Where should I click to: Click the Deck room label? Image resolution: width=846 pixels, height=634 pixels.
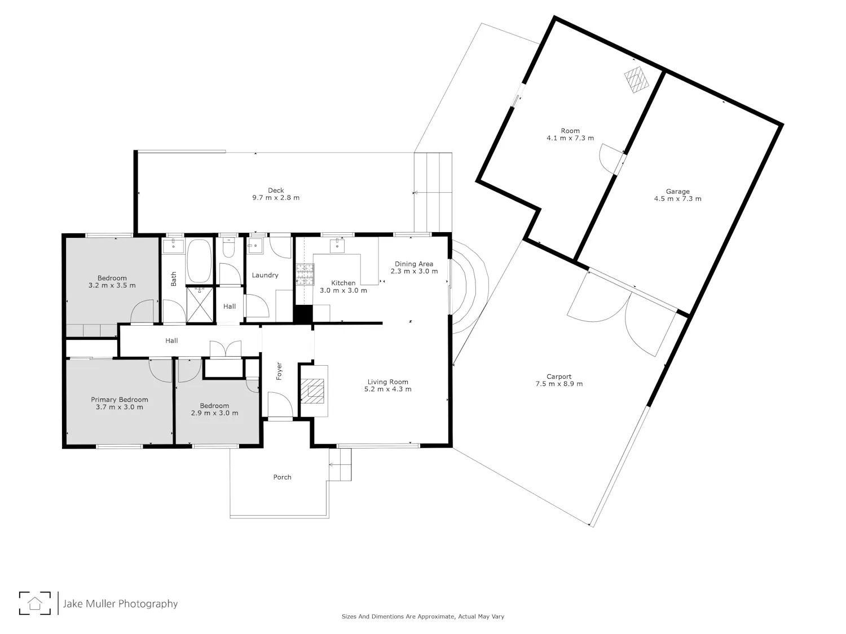[276, 190]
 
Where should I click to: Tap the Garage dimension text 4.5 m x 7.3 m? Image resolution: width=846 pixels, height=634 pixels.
[677, 198]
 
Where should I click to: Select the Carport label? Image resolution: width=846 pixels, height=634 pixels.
[559, 376]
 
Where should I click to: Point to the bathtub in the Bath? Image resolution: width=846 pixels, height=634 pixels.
[199, 261]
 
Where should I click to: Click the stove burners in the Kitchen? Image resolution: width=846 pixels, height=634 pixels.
[305, 274]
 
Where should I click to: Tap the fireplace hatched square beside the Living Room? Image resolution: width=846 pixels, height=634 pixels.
[312, 391]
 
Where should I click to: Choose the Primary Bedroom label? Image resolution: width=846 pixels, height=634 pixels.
[120, 400]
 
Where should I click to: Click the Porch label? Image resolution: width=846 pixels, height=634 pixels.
[282, 477]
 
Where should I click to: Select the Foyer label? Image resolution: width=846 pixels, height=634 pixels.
[279, 371]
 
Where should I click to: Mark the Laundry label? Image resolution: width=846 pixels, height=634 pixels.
[265, 275]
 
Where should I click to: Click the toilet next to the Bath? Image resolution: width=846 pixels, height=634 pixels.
[228, 248]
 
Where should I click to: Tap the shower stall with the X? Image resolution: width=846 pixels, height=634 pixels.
[200, 304]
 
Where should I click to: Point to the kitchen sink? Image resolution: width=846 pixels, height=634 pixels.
[337, 245]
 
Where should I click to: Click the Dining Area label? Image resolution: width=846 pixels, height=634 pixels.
[414, 264]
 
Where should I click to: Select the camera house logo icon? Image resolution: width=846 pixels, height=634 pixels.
[35, 603]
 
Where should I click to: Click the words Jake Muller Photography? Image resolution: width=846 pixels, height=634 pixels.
[120, 604]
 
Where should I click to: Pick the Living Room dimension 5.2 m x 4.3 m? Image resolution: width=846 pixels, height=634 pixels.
[387, 389]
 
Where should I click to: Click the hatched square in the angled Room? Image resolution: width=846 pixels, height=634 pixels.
[636, 79]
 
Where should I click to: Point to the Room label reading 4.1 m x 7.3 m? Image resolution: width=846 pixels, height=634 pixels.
[570, 138]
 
